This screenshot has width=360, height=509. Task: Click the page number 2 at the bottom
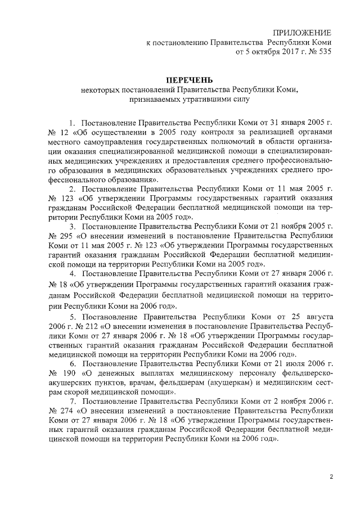pos(331,478)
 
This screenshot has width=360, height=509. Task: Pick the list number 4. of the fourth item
pos(73,273)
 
